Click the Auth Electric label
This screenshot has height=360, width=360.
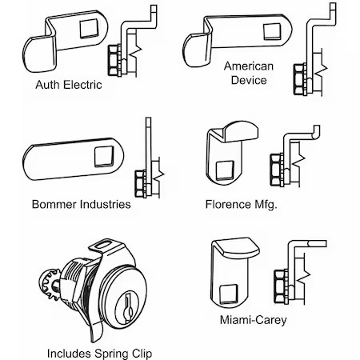68,84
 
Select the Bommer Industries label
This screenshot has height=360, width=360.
80,204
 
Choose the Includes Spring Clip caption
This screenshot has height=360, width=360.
98,352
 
